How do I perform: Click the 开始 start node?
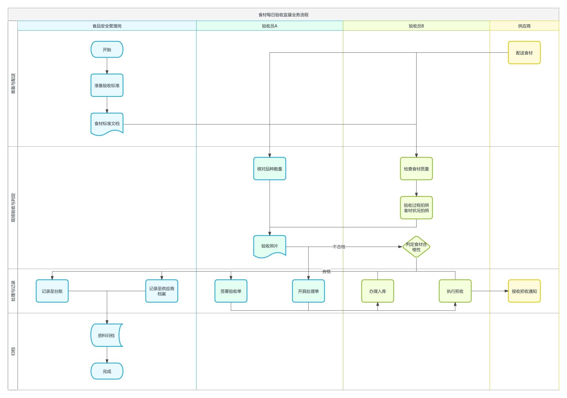(107, 50)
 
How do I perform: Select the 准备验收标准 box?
(107, 85)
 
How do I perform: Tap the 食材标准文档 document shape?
(107, 124)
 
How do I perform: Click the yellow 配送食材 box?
(524, 53)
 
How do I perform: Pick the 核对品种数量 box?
(269, 169)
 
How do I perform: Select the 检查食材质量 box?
(416, 169)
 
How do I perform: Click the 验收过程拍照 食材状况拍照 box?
(416, 208)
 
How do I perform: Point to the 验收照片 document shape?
(269, 246)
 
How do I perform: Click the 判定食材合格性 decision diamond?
(416, 247)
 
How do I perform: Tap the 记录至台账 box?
(52, 291)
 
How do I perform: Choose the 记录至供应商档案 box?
(162, 291)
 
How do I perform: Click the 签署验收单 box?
(231, 291)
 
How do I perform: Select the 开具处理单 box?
(308, 291)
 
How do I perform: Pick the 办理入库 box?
(377, 291)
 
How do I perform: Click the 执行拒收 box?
(455, 291)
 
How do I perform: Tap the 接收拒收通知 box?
(524, 291)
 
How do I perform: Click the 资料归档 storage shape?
(106, 335)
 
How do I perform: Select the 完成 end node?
(107, 371)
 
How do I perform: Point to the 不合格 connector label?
(339, 247)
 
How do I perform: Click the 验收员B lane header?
(416, 26)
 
